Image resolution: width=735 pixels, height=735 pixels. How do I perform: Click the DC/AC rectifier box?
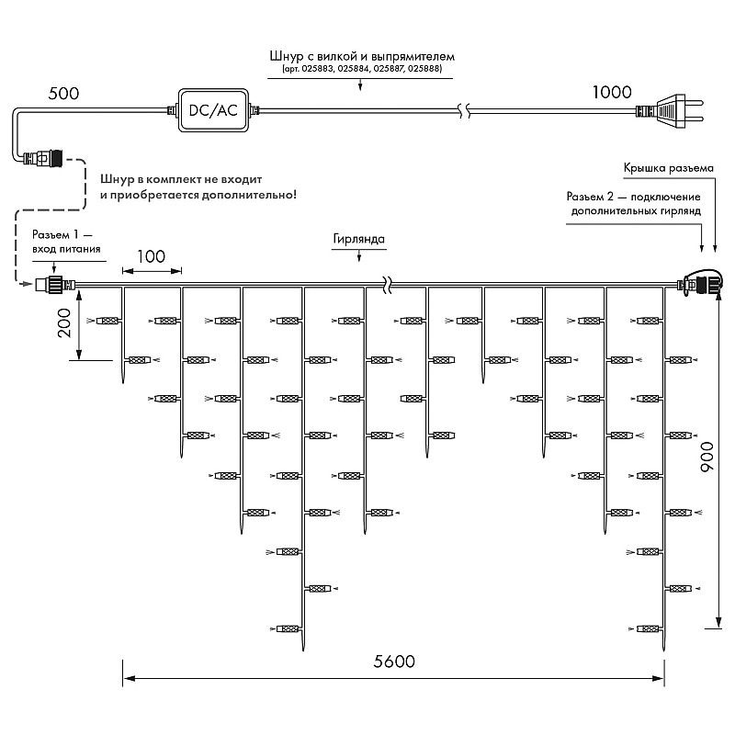(x=213, y=110)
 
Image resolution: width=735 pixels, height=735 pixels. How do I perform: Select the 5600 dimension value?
(x=394, y=661)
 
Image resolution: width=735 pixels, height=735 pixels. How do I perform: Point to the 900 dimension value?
(x=707, y=457)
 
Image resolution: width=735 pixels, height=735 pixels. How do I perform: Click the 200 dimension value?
(x=63, y=323)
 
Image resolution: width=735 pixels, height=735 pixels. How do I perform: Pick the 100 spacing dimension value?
(x=151, y=256)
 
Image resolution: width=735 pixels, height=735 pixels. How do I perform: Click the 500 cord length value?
(x=63, y=94)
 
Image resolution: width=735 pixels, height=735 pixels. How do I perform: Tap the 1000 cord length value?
(x=612, y=93)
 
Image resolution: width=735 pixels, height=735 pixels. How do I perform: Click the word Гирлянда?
(x=358, y=239)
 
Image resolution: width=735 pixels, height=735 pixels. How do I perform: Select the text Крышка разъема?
(x=669, y=168)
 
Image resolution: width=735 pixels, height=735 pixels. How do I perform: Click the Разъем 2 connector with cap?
(x=698, y=283)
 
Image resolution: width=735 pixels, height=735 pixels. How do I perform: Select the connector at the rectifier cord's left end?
(x=43, y=158)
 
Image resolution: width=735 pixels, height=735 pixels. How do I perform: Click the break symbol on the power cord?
(x=465, y=111)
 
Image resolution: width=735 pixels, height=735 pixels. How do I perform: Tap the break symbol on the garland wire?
(x=388, y=285)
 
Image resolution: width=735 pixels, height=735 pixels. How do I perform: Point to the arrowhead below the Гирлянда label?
(x=359, y=257)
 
